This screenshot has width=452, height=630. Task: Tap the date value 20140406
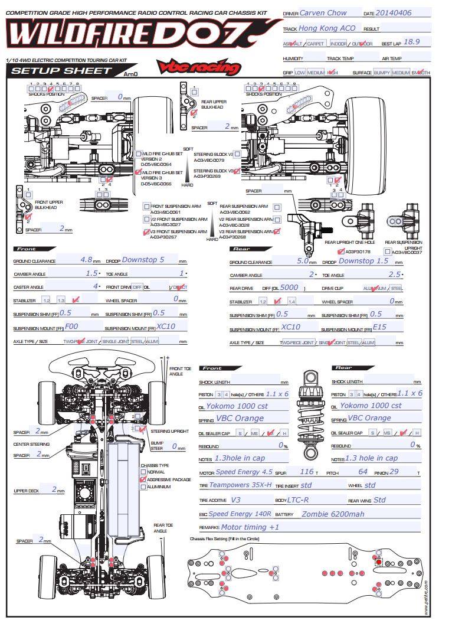(x=394, y=12)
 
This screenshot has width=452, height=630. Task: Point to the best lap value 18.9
(x=411, y=43)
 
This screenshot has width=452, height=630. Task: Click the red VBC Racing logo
(x=199, y=67)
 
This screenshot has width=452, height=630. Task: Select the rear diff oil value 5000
(x=289, y=287)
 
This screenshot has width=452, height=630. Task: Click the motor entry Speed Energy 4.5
(x=244, y=472)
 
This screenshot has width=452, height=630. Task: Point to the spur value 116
(x=307, y=472)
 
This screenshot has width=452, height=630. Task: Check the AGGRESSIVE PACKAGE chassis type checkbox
(x=142, y=480)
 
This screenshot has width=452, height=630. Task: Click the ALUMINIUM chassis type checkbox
(x=142, y=487)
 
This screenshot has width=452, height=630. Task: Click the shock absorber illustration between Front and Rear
(x=310, y=413)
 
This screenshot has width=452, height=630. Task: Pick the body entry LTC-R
(x=298, y=500)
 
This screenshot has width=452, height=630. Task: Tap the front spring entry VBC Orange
(x=240, y=418)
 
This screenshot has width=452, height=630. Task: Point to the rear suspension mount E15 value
(x=380, y=326)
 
